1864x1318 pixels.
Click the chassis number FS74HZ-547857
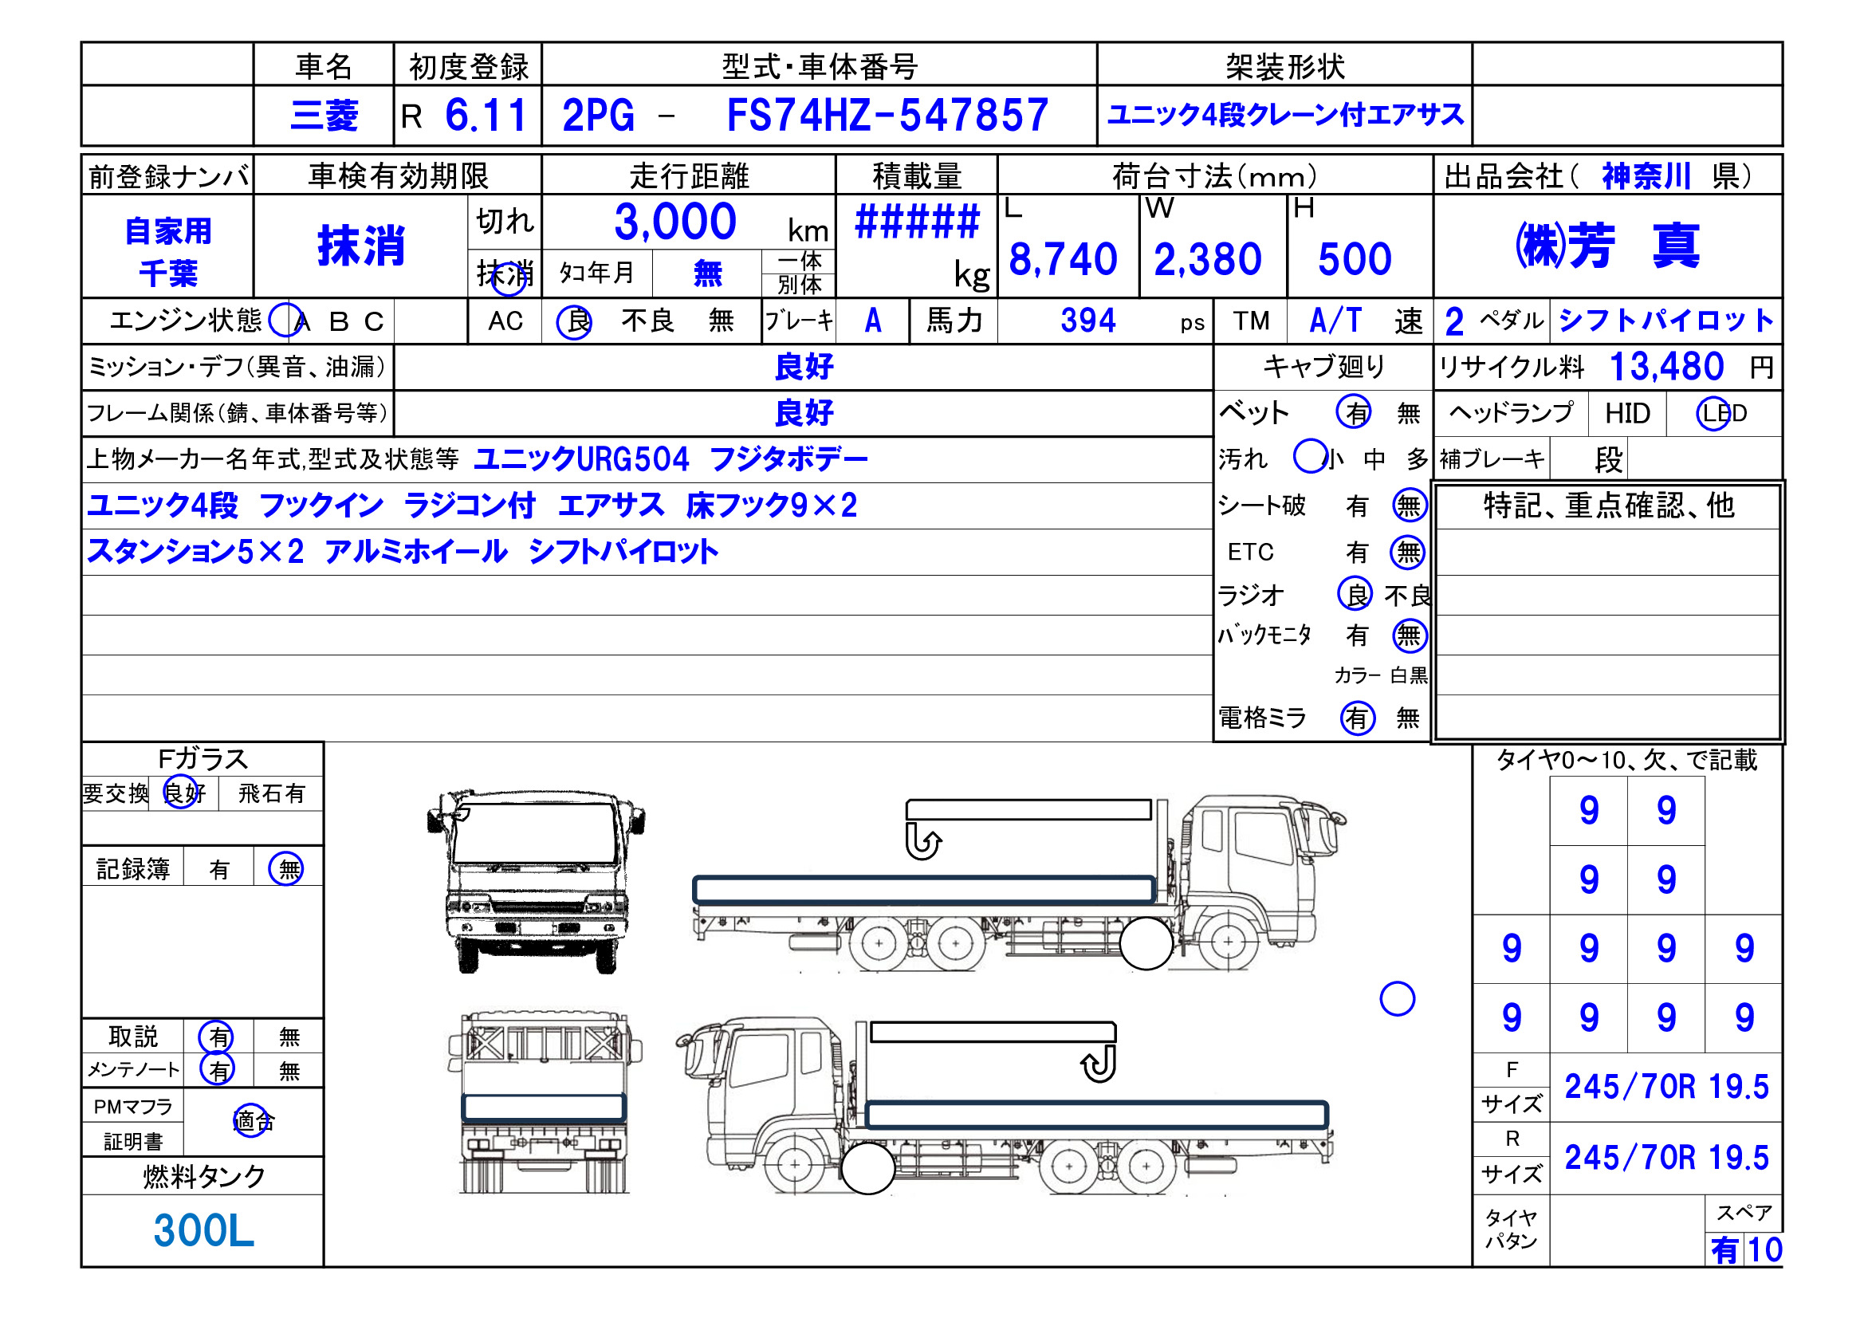pos(887,116)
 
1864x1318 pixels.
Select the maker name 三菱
pos(324,116)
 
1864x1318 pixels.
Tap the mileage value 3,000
pos(674,222)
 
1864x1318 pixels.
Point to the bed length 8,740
pos(1063,260)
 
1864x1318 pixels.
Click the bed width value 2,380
pos(1208,260)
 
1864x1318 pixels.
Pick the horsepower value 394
pos(1088,321)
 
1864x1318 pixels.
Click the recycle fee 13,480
pos(1666,367)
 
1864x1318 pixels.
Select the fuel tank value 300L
pos(203,1231)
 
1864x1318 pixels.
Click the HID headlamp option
pos(1627,414)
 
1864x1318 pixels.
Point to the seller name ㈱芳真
pos(1606,246)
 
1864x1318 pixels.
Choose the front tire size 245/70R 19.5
pos(1666,1087)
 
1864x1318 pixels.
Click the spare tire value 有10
pos(1745,1249)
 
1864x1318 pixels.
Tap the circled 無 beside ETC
pos(1408,553)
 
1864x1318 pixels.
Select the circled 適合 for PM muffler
pos(253,1122)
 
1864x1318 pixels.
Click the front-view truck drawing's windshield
pos(536,832)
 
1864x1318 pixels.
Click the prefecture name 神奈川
pos(1646,176)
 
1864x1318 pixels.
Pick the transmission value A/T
pos(1335,321)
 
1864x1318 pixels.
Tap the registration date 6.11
pos(486,116)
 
